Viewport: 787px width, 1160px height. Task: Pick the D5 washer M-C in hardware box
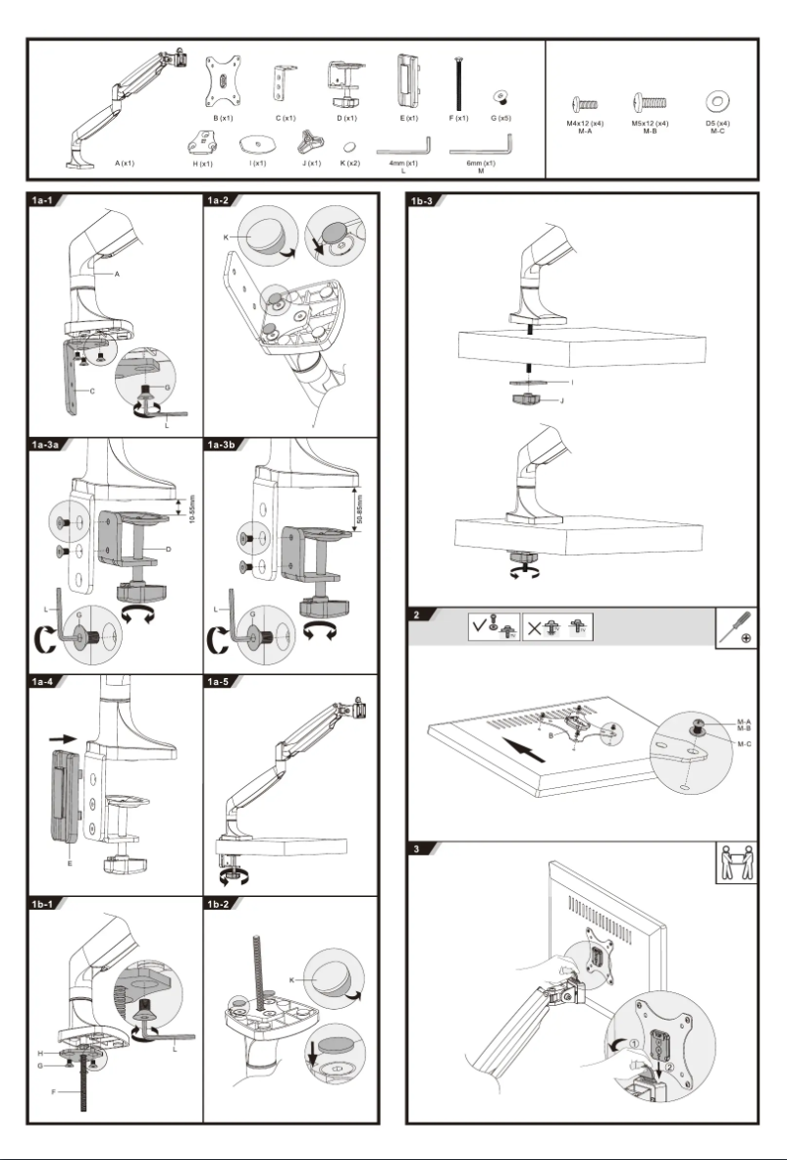point(717,101)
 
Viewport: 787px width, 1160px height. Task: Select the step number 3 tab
point(418,849)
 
